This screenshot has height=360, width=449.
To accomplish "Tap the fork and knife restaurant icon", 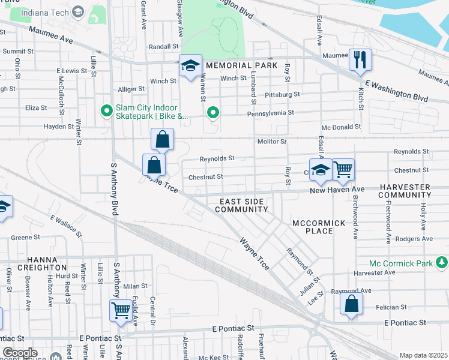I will point(360,59).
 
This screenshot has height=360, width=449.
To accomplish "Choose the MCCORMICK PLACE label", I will point(319,227).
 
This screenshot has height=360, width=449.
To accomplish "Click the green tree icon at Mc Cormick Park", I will point(442,262).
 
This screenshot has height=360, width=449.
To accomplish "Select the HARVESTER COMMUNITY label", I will point(413,191).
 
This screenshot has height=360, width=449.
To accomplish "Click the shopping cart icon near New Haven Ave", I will point(343,169).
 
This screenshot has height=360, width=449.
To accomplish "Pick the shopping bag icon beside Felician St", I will point(351,304).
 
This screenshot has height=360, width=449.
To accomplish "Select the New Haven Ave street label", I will point(337,190).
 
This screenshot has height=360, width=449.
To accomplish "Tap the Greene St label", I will point(25,237).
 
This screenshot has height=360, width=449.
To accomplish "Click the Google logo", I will point(20,353).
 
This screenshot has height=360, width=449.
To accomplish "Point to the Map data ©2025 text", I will point(423,355).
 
